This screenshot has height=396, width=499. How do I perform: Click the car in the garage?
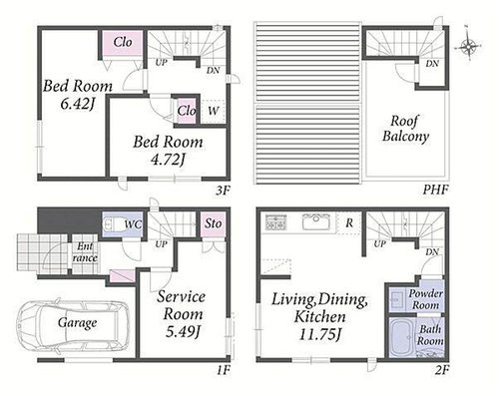point(74,326)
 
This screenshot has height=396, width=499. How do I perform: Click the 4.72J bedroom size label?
point(168,160)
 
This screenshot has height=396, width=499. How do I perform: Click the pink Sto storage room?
point(213,223)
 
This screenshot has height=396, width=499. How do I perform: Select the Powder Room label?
point(426,299)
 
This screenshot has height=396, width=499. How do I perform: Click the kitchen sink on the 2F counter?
point(316,221)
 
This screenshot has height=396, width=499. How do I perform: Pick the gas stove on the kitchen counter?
point(276,222)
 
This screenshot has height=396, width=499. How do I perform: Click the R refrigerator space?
point(349,222)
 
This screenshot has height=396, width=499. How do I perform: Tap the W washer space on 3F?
point(214,111)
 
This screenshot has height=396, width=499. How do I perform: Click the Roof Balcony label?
point(405,129)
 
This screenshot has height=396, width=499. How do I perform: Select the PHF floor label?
point(435,190)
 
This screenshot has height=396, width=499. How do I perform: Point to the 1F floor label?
point(224,370)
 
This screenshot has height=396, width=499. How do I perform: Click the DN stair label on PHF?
point(432,63)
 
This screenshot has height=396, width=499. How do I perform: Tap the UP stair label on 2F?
point(379,243)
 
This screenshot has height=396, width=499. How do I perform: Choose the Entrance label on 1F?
point(85,252)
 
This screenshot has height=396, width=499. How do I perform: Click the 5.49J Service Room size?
point(183,331)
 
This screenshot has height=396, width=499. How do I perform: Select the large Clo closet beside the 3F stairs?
point(123,43)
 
